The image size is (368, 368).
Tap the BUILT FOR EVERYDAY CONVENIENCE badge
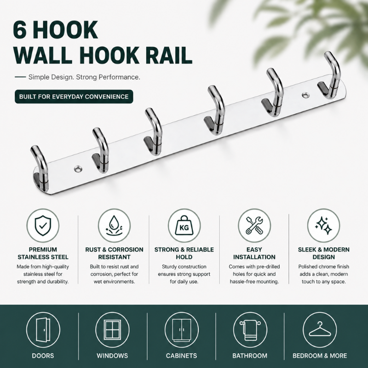(74, 97)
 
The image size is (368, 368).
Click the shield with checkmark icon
(43, 225)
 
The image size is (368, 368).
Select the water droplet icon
(114, 225)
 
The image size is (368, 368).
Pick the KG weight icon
(184, 225)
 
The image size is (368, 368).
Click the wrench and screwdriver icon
(254, 225)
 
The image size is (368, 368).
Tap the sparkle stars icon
(323, 225)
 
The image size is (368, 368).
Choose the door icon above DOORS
(43, 329)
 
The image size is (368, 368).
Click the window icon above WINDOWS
(112, 329)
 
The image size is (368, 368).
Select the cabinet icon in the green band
(182, 330)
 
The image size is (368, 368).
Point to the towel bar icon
(250, 330)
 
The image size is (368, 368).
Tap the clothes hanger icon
(319, 329)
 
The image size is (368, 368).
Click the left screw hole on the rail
(78, 168)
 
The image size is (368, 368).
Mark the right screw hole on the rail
(305, 95)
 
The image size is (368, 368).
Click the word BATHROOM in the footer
(250, 356)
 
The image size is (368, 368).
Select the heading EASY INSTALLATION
(254, 253)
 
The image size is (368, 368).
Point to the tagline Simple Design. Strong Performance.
(84, 77)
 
